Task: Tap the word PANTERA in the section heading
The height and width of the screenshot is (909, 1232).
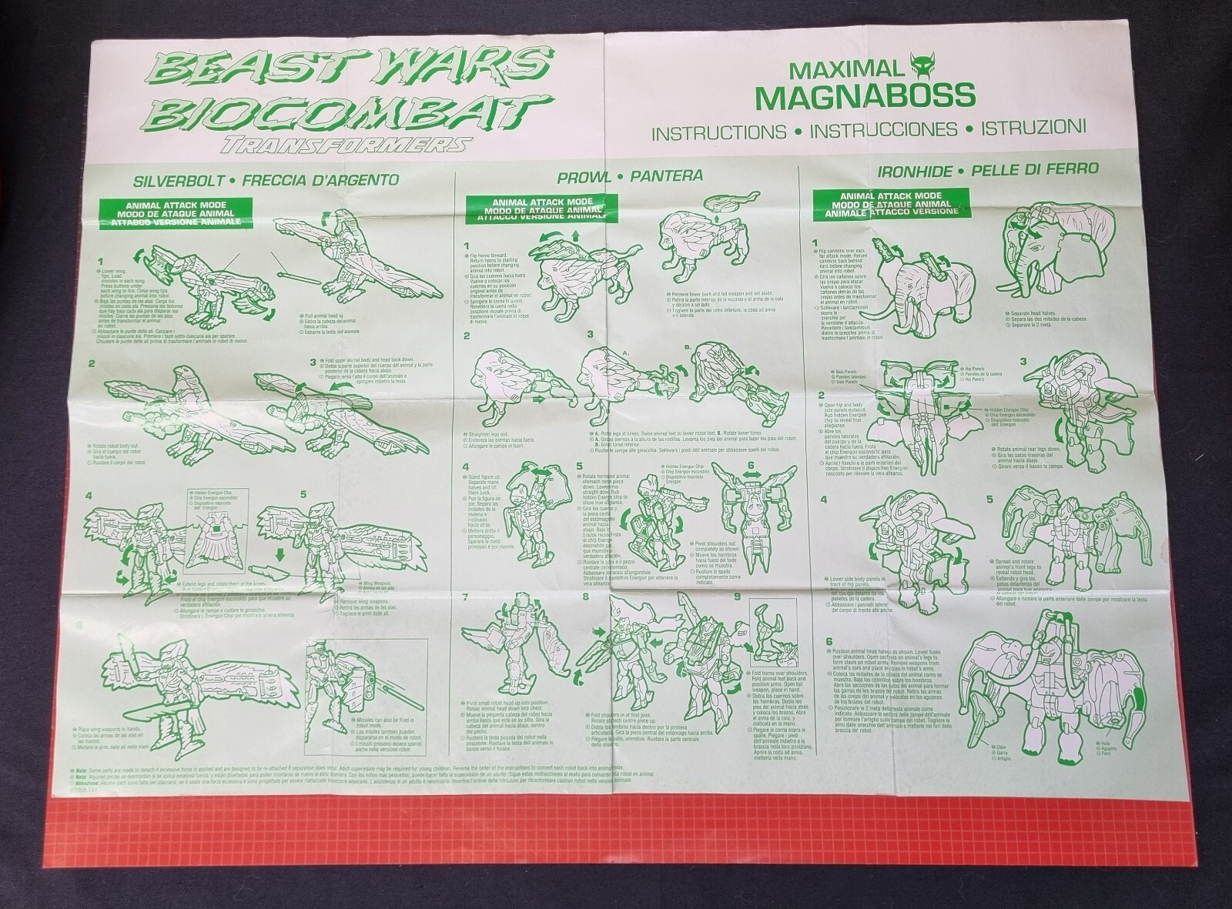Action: [x=667, y=176]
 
